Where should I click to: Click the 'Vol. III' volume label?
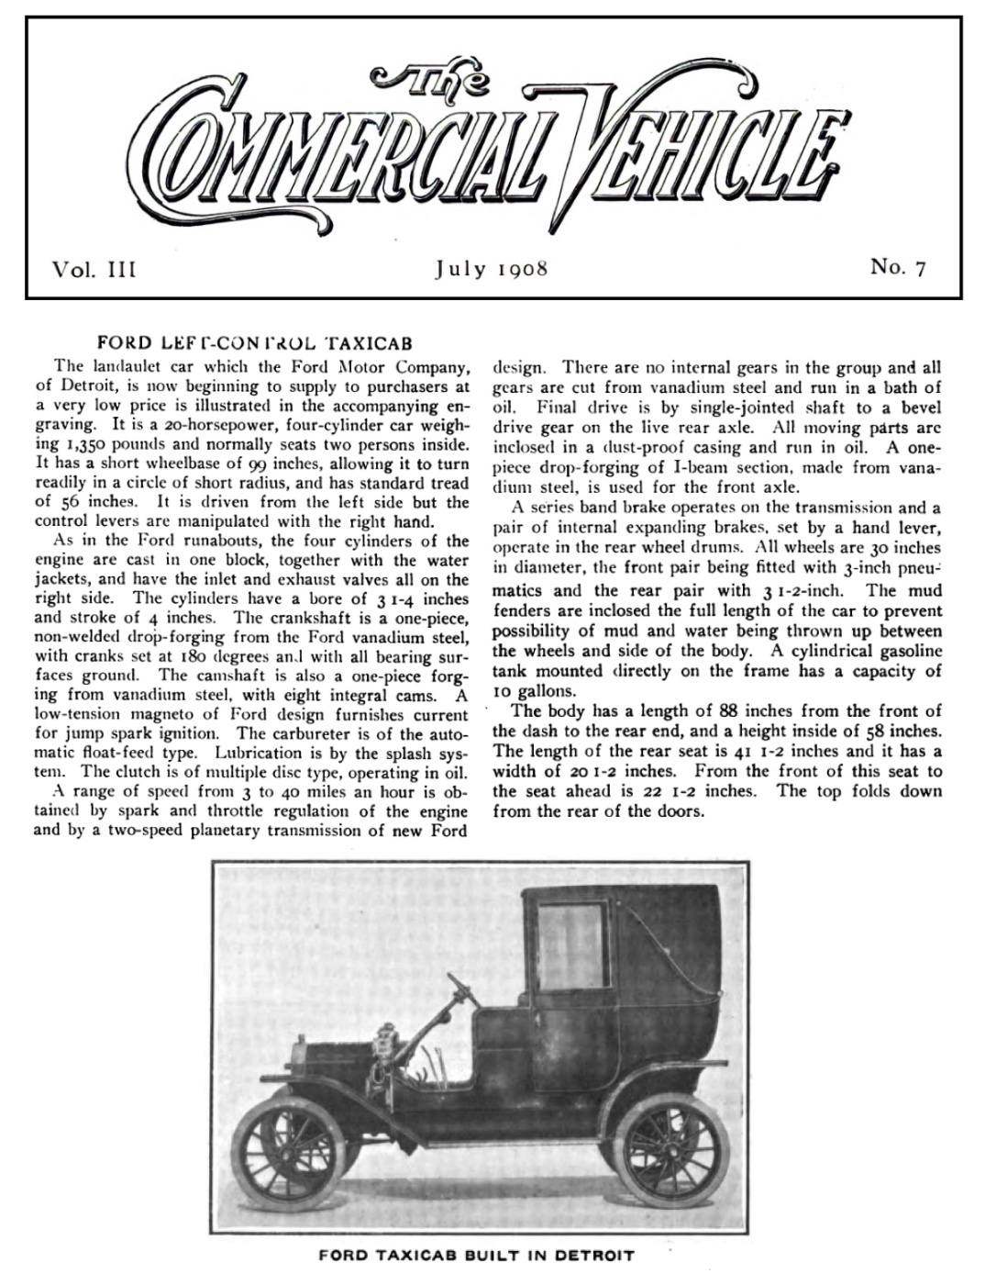pos(94,269)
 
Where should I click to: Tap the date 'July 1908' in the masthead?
pos(491,269)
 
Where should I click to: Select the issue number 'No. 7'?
pos(898,267)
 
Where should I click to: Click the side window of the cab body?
pos(571,939)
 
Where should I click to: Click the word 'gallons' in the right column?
pos(545,690)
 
